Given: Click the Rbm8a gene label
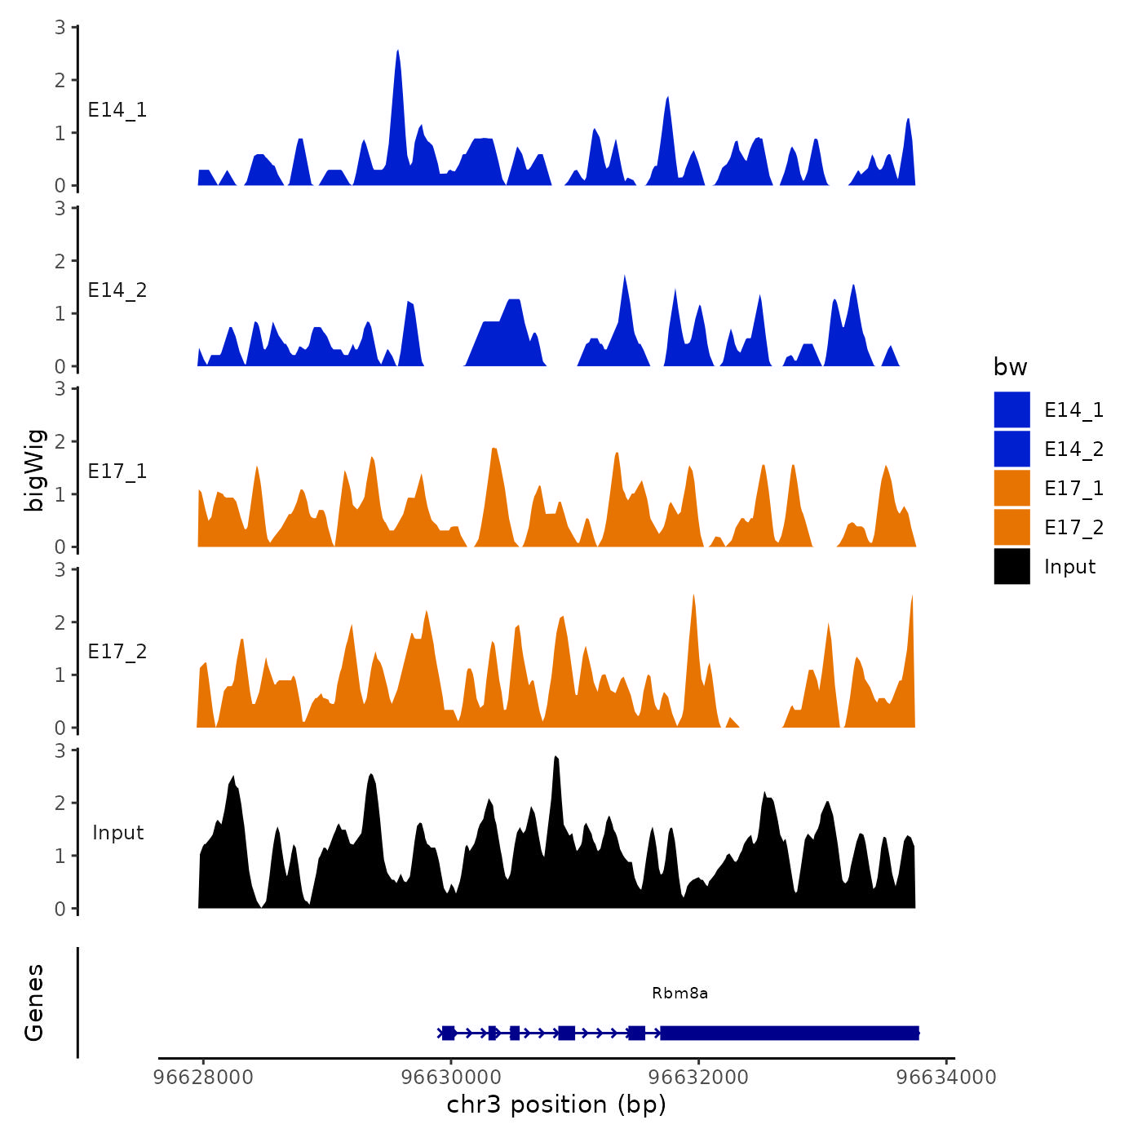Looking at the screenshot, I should coord(679,993).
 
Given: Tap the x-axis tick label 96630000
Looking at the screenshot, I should coord(451,1077).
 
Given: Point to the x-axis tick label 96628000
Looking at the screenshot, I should coord(203,1077).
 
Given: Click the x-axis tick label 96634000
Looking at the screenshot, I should coord(946,1077).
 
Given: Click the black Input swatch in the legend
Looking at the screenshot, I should coord(1011,566).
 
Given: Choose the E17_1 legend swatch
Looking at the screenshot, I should coord(1011,488).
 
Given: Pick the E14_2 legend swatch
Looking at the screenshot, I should coord(1011,449).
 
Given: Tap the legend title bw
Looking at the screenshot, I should coord(1010,367).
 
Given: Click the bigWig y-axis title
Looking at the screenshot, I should coord(34,470).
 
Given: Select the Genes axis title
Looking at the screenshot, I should coord(34,1003).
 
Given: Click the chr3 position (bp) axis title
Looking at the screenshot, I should coord(556,1104).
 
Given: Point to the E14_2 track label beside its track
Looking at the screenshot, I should coord(117,290).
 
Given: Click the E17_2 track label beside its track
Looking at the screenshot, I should coord(117,652).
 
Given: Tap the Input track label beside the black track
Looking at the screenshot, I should coord(117,833).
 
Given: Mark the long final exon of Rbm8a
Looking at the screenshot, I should coord(789,1034).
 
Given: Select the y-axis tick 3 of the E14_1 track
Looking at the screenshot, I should coord(60,27).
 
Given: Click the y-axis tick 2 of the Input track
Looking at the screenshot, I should coord(60,803).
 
